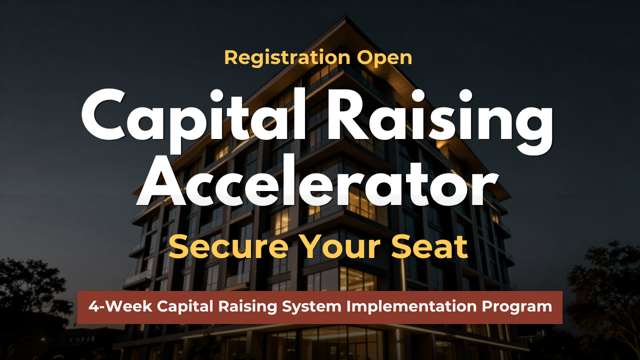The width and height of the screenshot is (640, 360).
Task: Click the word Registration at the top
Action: tap(287, 58)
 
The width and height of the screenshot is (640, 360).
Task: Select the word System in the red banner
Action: tap(311, 307)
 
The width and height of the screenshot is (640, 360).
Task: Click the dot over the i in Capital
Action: tap(216, 95)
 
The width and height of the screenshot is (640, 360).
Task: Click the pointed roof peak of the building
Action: tap(346, 17)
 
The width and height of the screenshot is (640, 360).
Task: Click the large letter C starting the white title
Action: tap(103, 115)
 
